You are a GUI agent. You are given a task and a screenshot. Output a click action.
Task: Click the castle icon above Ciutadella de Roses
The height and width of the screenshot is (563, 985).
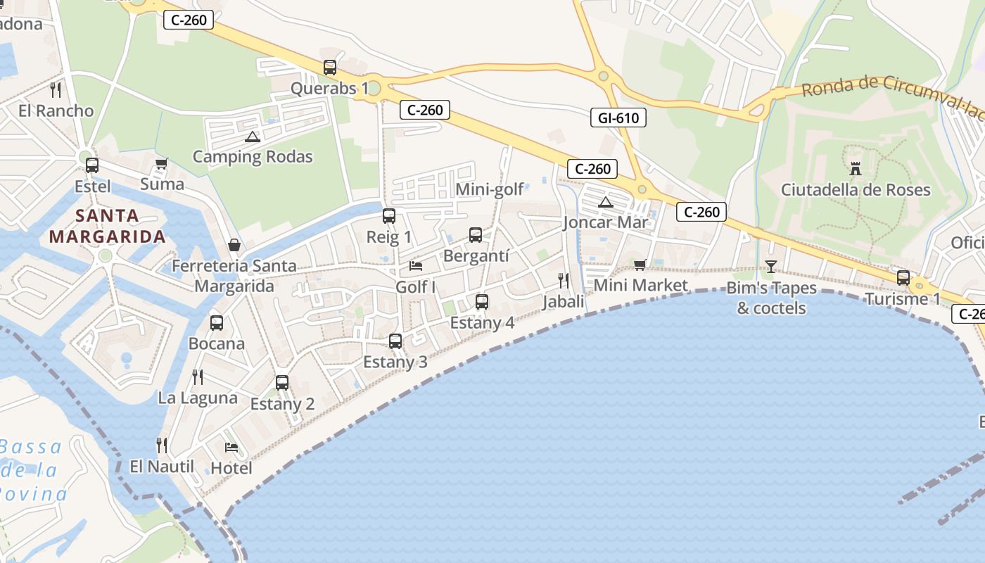[856, 169]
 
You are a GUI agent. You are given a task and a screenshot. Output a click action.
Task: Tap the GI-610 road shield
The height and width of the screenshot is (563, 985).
[618, 118]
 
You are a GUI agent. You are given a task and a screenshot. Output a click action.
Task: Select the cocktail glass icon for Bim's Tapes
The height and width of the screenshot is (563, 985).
[771, 266]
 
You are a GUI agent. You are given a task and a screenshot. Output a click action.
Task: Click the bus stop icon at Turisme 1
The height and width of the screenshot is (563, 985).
[903, 277]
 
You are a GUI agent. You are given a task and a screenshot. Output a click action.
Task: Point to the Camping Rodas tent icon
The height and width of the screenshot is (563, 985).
[253, 137]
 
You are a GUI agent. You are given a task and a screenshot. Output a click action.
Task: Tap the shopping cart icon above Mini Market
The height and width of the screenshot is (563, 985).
[640, 265]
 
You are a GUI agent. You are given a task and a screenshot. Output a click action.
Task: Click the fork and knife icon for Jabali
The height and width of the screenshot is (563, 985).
[563, 281]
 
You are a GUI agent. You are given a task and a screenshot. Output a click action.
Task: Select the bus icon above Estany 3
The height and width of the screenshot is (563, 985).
[395, 341]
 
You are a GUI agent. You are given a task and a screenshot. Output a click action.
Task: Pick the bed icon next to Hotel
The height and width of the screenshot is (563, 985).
[231, 447]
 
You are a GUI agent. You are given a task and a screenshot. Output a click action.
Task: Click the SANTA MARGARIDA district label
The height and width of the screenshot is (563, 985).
[108, 226]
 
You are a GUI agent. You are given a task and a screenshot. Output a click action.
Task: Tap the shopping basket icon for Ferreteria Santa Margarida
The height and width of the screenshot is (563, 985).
[234, 245]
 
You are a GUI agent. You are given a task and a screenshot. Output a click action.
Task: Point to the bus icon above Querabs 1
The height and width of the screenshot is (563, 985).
[330, 68]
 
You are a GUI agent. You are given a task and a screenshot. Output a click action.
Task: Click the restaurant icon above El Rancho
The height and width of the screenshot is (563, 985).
[56, 90]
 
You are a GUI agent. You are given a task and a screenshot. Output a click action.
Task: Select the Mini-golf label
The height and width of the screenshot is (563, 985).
[490, 189]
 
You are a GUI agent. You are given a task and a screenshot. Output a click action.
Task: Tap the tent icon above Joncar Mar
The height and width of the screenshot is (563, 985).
[605, 203]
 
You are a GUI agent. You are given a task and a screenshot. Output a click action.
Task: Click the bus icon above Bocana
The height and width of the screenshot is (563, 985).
[217, 323]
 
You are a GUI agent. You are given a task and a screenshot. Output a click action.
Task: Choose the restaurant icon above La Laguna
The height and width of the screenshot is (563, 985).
[198, 377]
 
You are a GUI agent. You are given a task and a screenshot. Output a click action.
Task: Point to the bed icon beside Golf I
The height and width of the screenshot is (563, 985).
[416, 266]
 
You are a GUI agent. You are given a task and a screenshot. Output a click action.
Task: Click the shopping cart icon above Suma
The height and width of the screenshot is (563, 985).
[161, 163]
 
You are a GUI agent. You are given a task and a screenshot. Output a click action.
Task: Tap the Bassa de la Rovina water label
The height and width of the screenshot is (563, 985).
[32, 469]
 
